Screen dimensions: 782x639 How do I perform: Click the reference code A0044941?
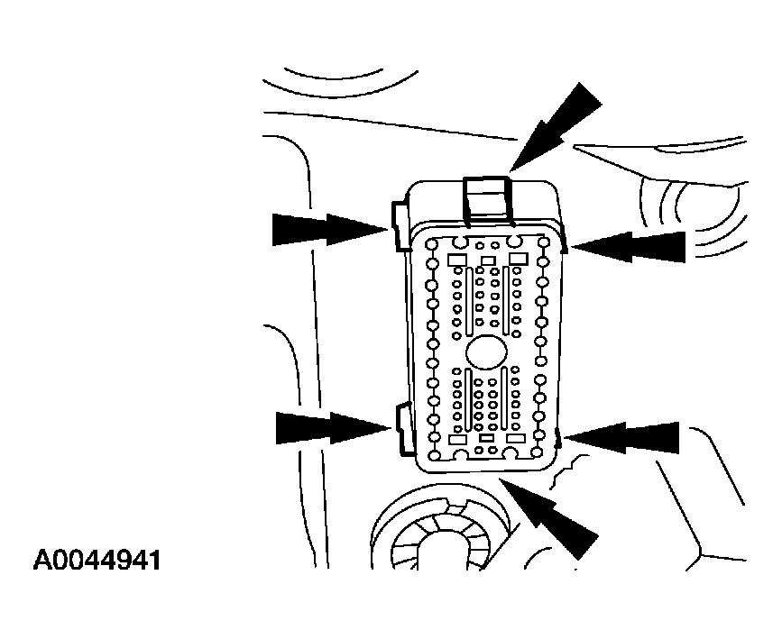[x=97, y=561]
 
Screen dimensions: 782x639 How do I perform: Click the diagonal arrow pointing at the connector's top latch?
[x=556, y=128]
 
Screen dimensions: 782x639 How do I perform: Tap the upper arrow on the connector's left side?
[x=330, y=229]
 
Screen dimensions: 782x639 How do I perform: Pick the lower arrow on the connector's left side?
[x=333, y=428]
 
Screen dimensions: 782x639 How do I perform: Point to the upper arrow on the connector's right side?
[x=628, y=246]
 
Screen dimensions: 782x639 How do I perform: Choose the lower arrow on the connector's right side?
[x=622, y=438]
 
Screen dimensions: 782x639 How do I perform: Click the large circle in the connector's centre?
[x=487, y=351]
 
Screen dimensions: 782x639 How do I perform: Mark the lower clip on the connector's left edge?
[x=403, y=430]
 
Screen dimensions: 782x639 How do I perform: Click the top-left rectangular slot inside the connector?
[x=457, y=260]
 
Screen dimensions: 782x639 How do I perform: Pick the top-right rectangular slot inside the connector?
[x=519, y=259]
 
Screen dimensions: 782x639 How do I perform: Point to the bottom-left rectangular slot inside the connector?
[x=457, y=439]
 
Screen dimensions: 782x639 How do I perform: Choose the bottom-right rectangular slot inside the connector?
[x=516, y=439]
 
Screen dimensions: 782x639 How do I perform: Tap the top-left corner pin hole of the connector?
[x=432, y=244]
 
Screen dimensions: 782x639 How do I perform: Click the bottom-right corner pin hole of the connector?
[x=537, y=452]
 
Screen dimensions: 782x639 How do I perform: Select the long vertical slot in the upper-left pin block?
[x=469, y=301]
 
